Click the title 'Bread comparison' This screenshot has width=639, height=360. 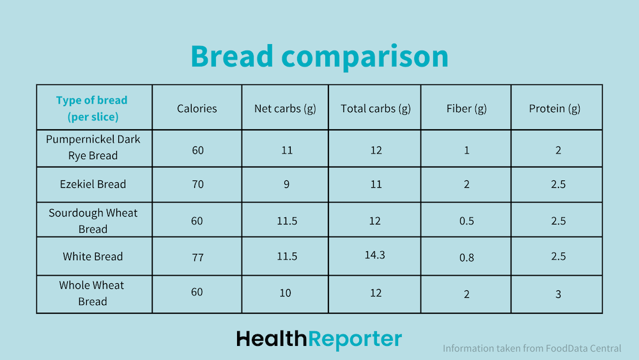(319, 56)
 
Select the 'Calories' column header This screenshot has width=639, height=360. (197, 109)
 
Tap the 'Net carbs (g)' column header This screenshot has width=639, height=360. (285, 109)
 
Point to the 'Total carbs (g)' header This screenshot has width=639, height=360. (376, 109)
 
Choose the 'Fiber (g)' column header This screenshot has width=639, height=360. (466, 109)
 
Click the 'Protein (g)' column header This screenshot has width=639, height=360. (555, 109)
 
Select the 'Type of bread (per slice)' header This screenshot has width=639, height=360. (92, 109)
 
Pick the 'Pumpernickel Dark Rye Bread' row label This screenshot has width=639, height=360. (93, 147)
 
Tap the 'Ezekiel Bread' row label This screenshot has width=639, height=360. (93, 184)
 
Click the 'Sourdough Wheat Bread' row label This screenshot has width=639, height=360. (93, 221)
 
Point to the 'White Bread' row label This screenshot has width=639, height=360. (93, 256)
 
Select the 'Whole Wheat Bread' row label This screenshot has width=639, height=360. (91, 293)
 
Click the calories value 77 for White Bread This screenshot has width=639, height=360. (197, 258)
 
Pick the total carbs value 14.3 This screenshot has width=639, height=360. (375, 255)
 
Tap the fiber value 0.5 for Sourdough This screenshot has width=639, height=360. (466, 221)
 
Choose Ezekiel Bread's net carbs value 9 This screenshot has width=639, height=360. (286, 184)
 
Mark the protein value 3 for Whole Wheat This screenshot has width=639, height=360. (558, 294)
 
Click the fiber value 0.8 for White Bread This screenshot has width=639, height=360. (466, 258)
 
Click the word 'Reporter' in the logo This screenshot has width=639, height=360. (355, 340)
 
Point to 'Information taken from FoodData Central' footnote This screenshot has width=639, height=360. (532, 348)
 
